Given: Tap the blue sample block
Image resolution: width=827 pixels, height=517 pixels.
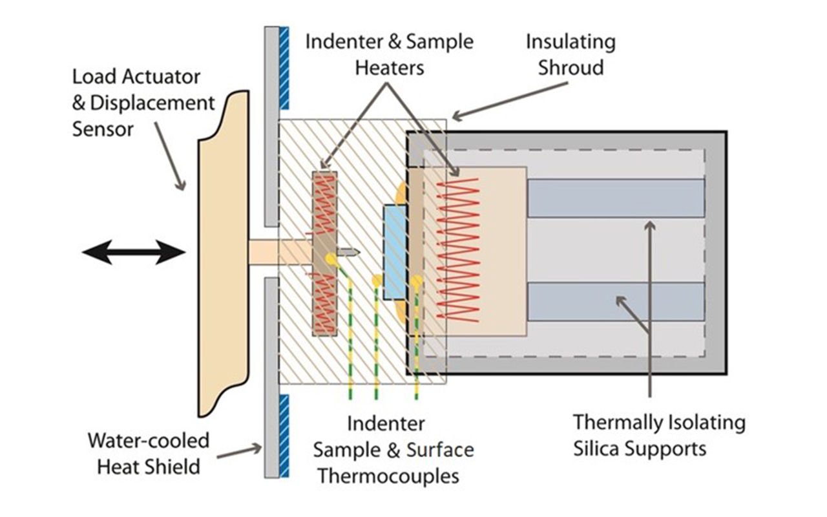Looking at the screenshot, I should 395,252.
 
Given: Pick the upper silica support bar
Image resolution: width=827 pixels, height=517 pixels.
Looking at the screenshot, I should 616,198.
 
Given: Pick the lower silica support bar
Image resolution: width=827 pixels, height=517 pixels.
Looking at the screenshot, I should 616,302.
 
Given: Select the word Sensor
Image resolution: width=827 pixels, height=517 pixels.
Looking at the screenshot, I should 103,129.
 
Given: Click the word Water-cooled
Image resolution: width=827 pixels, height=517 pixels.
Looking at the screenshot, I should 149,441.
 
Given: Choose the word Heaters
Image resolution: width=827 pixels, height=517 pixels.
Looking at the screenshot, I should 389,67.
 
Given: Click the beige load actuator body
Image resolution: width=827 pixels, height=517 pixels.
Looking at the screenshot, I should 223,252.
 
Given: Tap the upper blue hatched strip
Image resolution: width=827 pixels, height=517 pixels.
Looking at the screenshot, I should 284,68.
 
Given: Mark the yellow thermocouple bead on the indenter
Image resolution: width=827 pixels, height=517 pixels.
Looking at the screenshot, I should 331,259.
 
